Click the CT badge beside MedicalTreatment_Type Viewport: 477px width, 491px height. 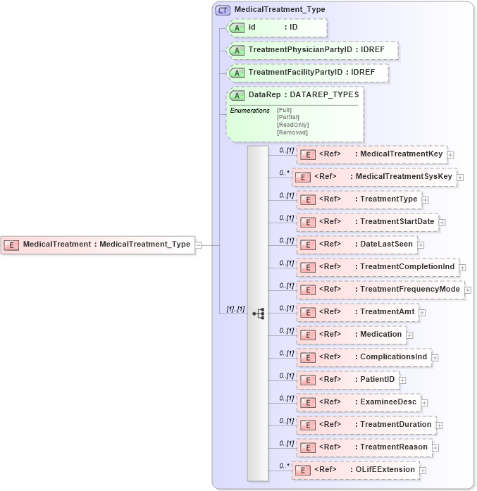[223, 10]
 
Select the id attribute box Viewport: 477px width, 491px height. [276, 27]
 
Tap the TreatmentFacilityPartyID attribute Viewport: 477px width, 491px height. [308, 73]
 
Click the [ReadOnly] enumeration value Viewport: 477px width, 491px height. [292, 125]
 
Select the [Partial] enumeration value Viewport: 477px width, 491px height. [289, 117]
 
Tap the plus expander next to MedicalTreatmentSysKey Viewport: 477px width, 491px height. [460, 177]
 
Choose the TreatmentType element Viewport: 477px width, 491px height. [359, 199]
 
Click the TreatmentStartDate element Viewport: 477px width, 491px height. [367, 222]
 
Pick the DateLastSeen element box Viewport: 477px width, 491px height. [356, 244]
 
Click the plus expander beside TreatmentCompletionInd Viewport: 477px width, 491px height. [463, 267]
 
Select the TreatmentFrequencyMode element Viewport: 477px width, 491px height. [380, 290]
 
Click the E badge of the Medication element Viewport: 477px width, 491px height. [307, 335]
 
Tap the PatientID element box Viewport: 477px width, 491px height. [347, 380]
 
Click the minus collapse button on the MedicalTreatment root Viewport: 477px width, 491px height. [198, 245]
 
